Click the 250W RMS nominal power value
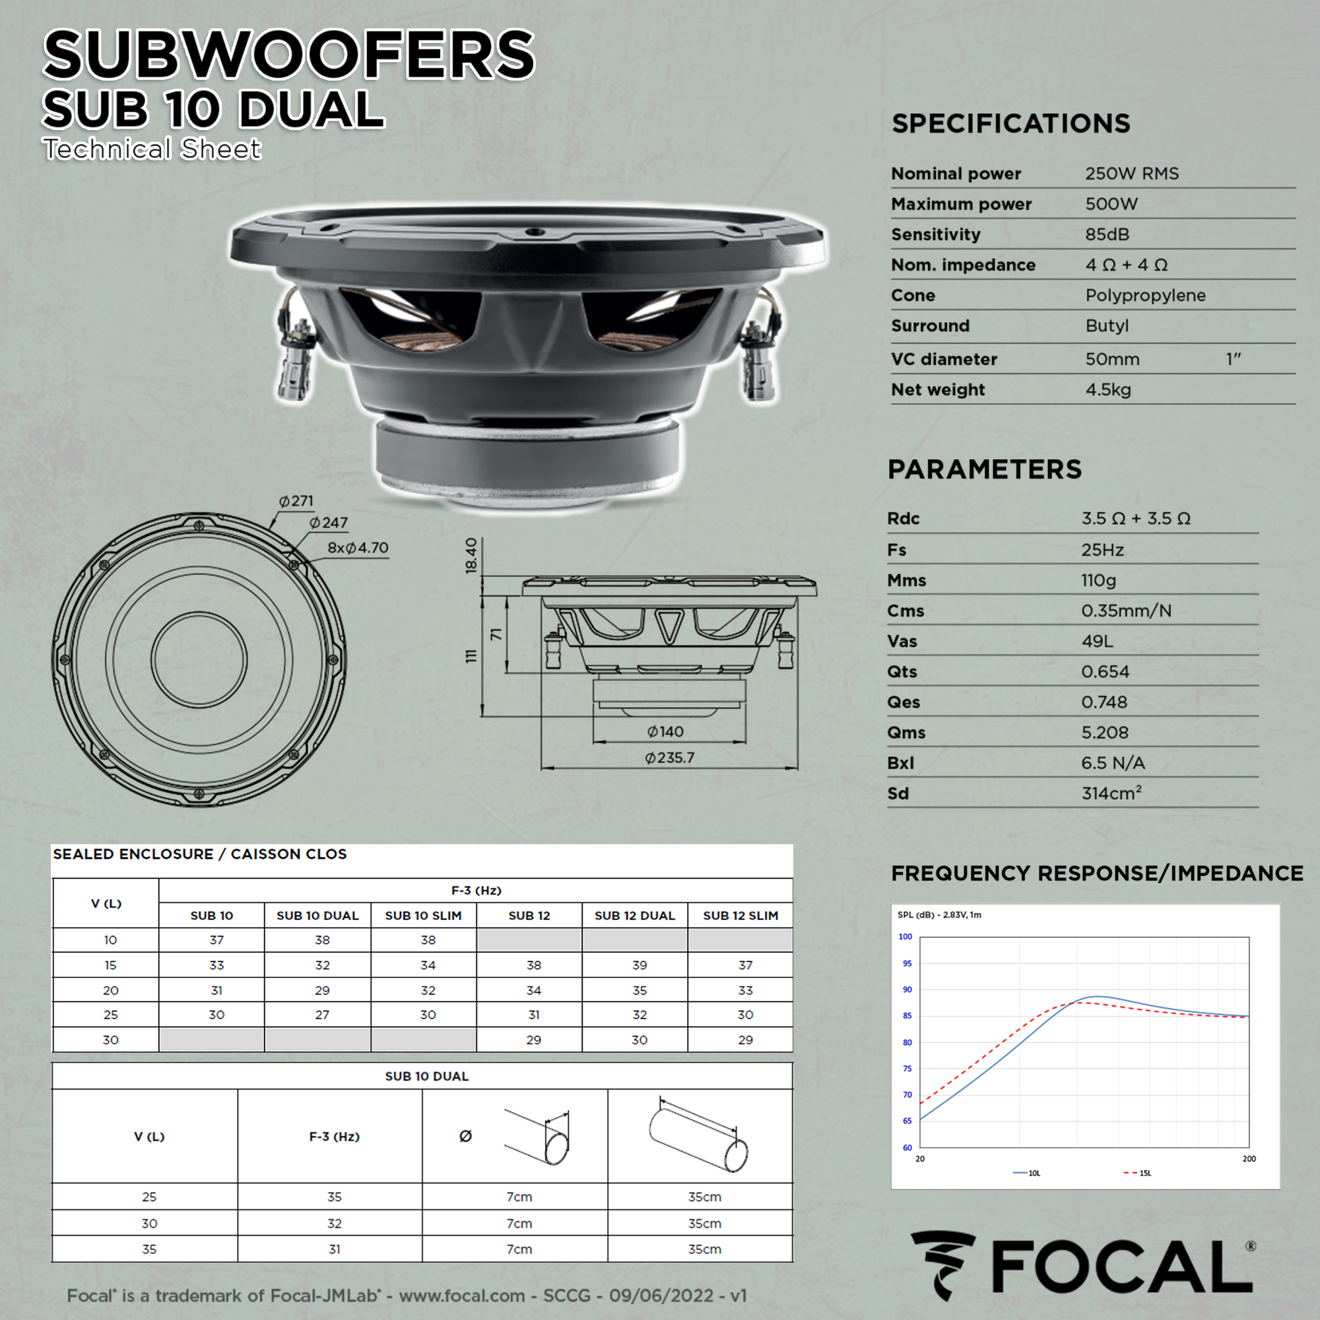[1131, 174]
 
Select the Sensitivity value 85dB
[1107, 234]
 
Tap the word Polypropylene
[1145, 296]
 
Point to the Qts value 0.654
[1105, 672]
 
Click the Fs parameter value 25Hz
[1102, 550]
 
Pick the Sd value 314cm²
[1111, 793]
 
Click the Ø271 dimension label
[296, 501]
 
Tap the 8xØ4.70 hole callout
[357, 548]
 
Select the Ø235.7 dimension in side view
[669, 758]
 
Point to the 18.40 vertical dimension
[471, 556]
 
